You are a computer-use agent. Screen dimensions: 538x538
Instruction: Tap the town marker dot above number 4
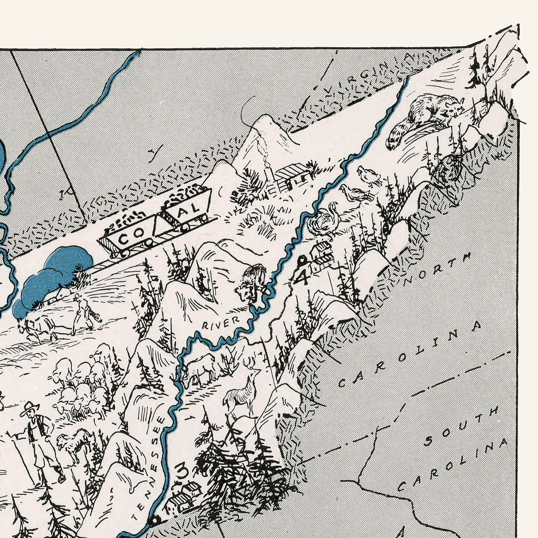point(301,261)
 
